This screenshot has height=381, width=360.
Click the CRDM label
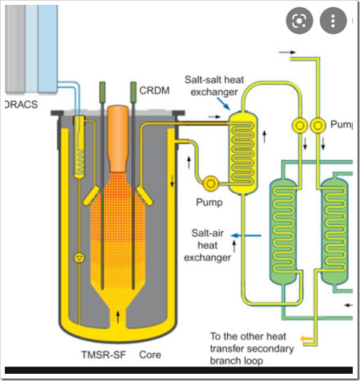pyautogui.click(x=154, y=91)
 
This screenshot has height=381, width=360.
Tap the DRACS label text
pyautogui.click(x=22, y=105)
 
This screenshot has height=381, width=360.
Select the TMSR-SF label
pyautogui.click(x=104, y=355)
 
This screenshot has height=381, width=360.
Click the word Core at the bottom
pyautogui.click(x=150, y=355)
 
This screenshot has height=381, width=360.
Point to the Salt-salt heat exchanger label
pyautogui.click(x=214, y=86)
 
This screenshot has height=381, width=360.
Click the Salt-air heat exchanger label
pyautogui.click(x=207, y=245)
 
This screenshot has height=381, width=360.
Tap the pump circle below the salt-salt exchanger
pyautogui.click(x=211, y=184)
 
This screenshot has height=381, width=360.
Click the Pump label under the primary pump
pyautogui.click(x=209, y=202)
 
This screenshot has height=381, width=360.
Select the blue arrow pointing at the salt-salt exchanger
pyautogui.click(x=223, y=104)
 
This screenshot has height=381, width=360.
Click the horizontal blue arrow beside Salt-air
pyautogui.click(x=246, y=235)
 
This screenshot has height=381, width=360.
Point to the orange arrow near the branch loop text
pyautogui.click(x=306, y=338)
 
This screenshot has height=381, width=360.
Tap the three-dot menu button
pyautogui.click(x=333, y=20)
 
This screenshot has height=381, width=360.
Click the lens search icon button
pyautogui.click(x=299, y=20)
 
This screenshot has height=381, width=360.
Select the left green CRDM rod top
pyautogui.click(x=102, y=92)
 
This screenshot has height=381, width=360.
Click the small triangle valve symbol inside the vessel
pyautogui.click(x=79, y=258)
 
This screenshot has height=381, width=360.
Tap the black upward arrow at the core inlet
pyautogui.click(x=118, y=317)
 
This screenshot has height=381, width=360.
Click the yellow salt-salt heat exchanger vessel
pyautogui.click(x=243, y=153)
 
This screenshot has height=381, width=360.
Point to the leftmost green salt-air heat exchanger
pyautogui.click(x=284, y=231)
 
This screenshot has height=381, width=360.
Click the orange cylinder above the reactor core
pyautogui.click(x=118, y=138)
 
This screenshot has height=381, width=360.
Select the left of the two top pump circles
pyautogui.click(x=300, y=126)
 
